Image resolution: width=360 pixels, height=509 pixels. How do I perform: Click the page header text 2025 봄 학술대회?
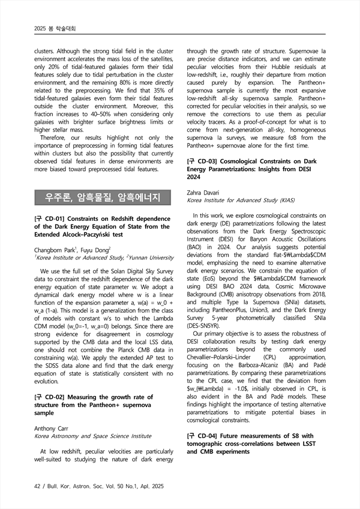pos(51,28)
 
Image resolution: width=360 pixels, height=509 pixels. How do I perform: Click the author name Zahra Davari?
pos(203,191)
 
